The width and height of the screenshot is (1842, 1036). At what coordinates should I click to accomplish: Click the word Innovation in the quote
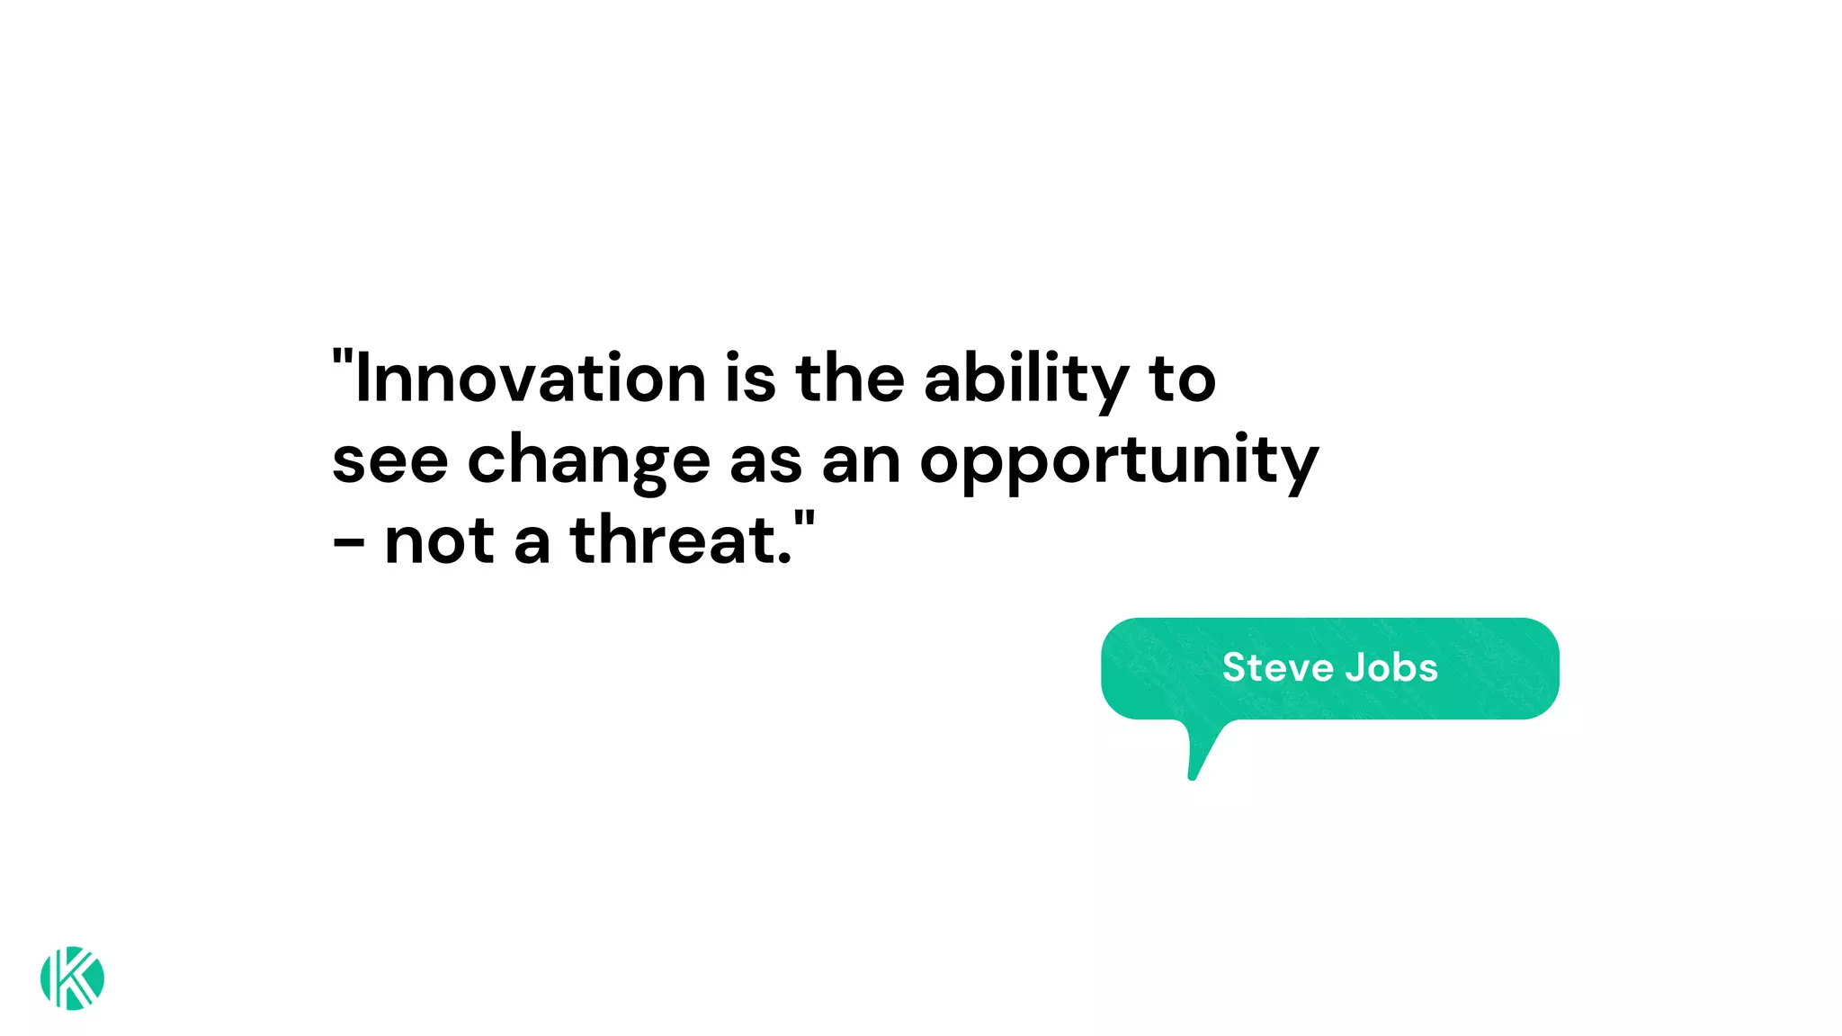coord(531,378)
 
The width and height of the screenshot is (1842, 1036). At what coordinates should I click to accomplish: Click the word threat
coord(681,540)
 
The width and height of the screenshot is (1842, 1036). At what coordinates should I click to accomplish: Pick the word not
coord(439,541)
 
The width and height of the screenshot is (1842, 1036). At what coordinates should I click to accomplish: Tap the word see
coord(389,460)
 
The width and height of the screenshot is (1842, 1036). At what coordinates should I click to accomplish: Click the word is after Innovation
coord(750,378)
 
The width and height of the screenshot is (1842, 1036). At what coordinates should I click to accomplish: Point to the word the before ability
coord(850,378)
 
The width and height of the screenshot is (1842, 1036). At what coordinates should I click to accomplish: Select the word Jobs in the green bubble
coord(1391,667)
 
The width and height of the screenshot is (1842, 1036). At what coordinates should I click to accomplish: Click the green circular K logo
coord(72,978)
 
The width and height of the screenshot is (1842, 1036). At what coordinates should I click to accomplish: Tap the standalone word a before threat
coord(532,543)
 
